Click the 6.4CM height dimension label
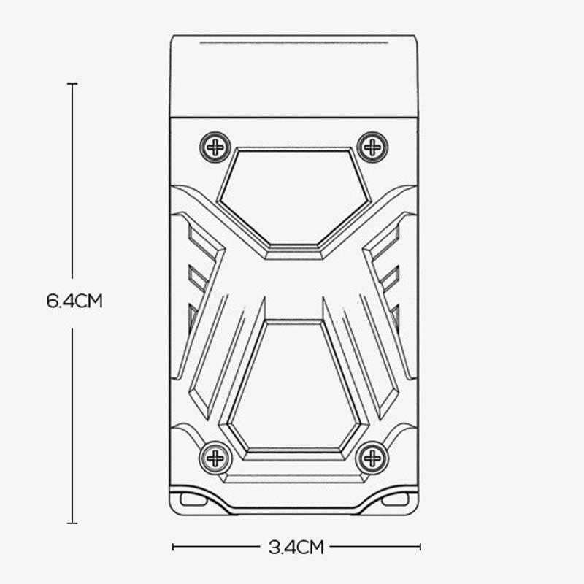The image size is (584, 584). (x=74, y=301)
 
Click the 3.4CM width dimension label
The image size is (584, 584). (x=296, y=547)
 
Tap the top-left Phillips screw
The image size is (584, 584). (x=215, y=147)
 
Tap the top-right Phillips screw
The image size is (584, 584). (x=372, y=147)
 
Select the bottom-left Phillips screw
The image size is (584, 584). (x=215, y=458)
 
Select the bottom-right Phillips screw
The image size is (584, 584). (x=372, y=458)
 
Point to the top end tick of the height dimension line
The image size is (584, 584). (x=72, y=84)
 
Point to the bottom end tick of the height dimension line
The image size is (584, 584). (x=72, y=523)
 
